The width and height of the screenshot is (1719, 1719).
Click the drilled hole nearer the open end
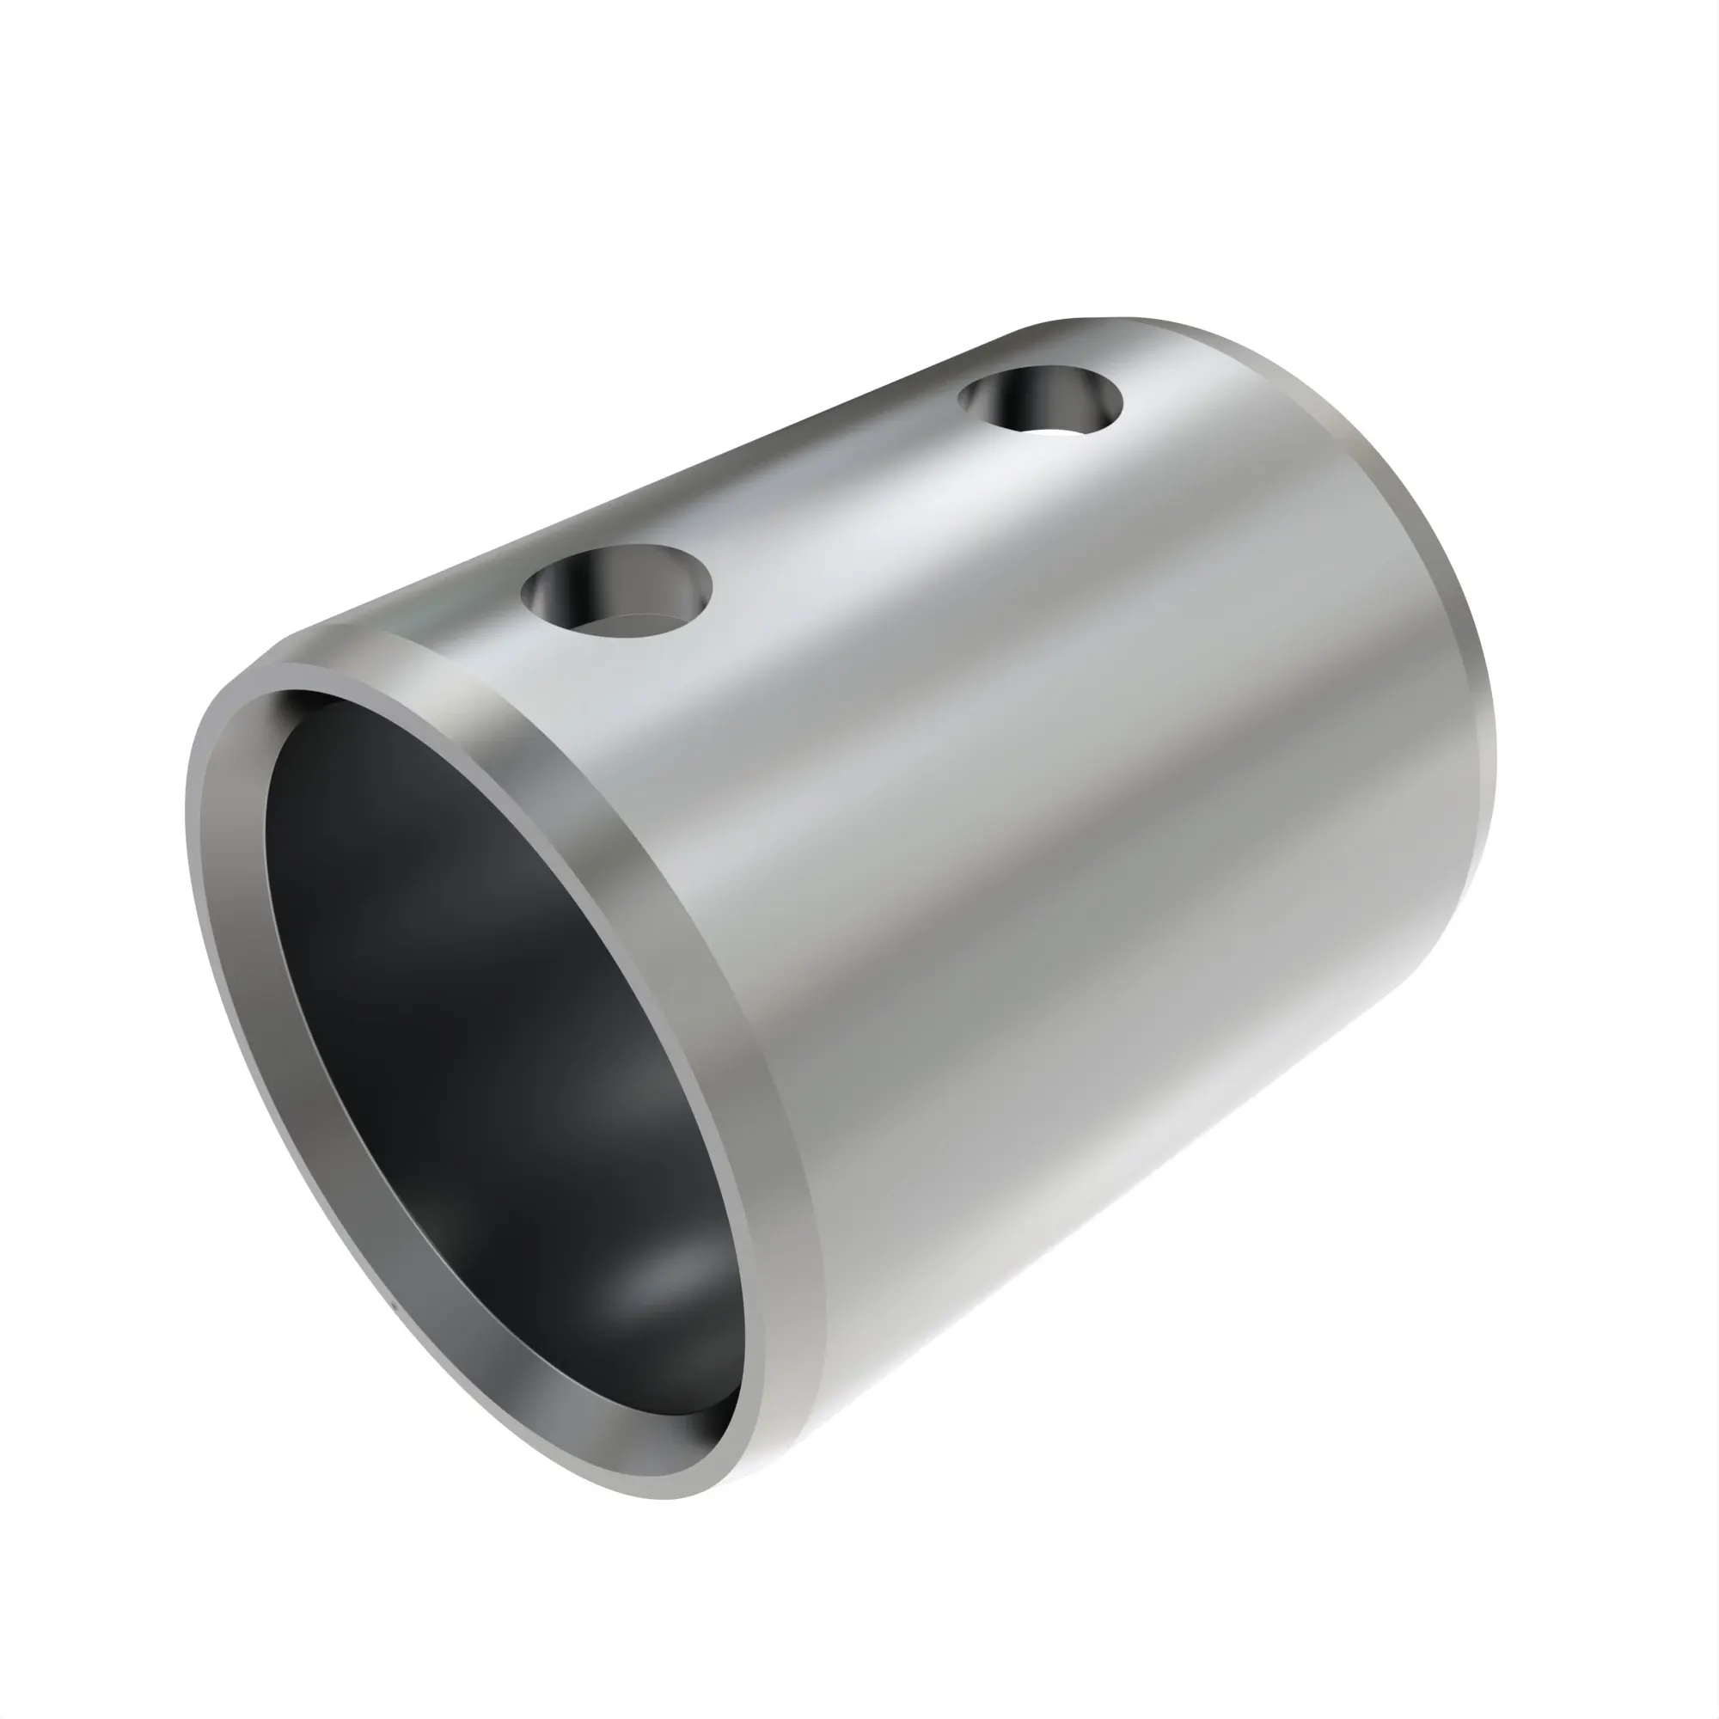[617, 590]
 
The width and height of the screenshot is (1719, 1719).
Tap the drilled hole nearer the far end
[1039, 400]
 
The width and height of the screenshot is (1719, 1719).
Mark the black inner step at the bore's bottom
[703, 1415]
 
